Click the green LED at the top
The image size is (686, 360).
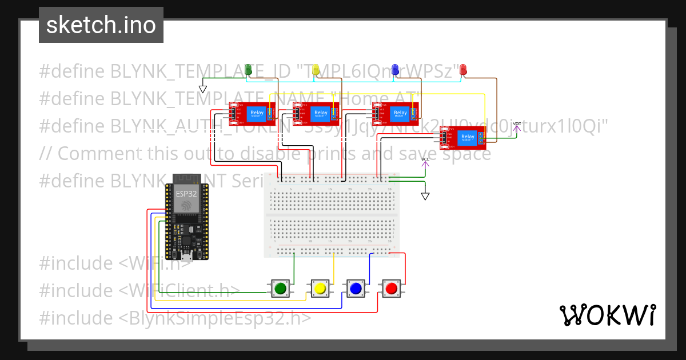[x=248, y=70]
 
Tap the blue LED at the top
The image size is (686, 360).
[x=395, y=70]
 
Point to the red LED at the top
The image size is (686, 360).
[x=463, y=70]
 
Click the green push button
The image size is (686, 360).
[x=280, y=289]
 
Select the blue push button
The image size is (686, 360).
[x=356, y=289]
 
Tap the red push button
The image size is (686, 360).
[x=391, y=289]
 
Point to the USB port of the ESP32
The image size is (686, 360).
[x=186, y=254]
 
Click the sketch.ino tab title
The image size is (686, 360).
[x=101, y=25]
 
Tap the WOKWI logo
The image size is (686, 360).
[x=607, y=315]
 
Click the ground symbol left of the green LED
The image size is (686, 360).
[x=202, y=89]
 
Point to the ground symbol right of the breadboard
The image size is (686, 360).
[x=425, y=196]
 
